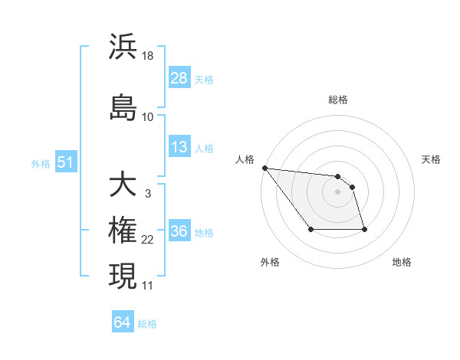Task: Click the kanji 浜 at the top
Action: (x=123, y=47)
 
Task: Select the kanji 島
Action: (x=123, y=108)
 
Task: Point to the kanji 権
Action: (x=123, y=231)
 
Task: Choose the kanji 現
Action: (x=123, y=277)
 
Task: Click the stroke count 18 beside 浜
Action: (x=149, y=56)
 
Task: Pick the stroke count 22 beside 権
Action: (x=148, y=240)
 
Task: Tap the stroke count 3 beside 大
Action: (x=147, y=194)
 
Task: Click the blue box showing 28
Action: (x=179, y=77)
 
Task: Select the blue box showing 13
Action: (x=179, y=147)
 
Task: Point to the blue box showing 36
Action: (x=179, y=231)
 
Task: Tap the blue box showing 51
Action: (x=66, y=162)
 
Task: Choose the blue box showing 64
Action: (x=123, y=322)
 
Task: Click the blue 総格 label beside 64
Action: (x=147, y=324)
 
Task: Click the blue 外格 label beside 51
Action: (x=41, y=163)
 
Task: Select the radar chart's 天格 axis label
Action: (x=432, y=159)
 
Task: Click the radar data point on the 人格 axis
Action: (x=264, y=168)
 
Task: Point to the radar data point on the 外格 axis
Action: (x=310, y=229)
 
